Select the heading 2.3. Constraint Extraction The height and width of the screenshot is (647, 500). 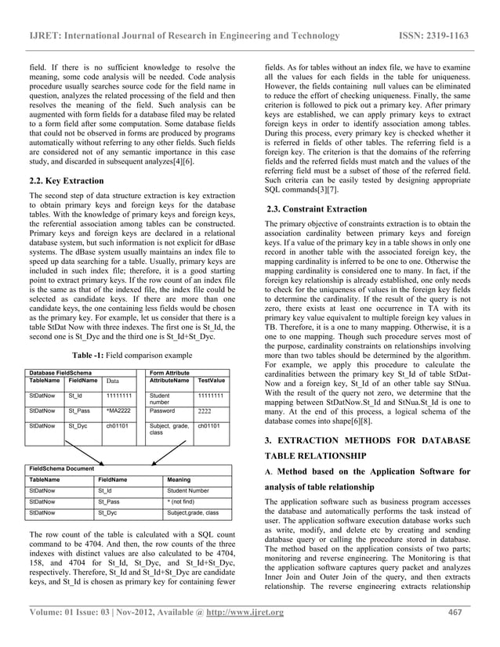click(318, 208)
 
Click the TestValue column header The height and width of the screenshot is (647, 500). click(212, 381)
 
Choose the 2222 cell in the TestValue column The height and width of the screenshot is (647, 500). click(205, 410)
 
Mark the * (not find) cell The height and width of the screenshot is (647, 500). click(182, 501)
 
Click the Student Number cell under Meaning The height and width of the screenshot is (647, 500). click(188, 490)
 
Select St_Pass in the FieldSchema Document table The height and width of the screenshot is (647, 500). click(108, 501)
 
